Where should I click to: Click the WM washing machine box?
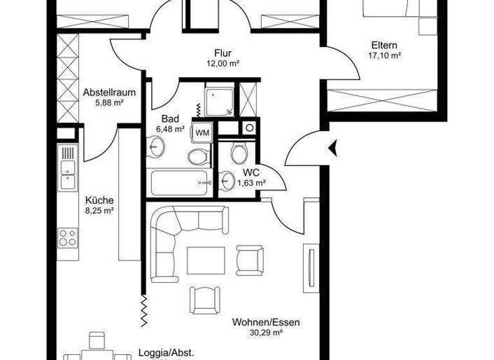click(x=203, y=132)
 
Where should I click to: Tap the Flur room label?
click(x=223, y=53)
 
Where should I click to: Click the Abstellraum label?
click(x=109, y=92)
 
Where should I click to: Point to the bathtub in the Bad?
click(x=179, y=183)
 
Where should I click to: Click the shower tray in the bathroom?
click(x=219, y=100)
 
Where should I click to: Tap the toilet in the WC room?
click(x=239, y=153)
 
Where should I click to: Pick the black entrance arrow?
click(x=332, y=149)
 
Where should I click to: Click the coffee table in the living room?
click(x=206, y=260)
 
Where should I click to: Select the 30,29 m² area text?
click(x=267, y=332)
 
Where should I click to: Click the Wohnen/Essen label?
click(x=266, y=322)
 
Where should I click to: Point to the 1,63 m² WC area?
click(x=252, y=183)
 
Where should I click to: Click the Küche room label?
click(x=99, y=200)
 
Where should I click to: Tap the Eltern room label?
click(x=384, y=46)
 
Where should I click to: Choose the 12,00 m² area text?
click(x=223, y=63)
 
